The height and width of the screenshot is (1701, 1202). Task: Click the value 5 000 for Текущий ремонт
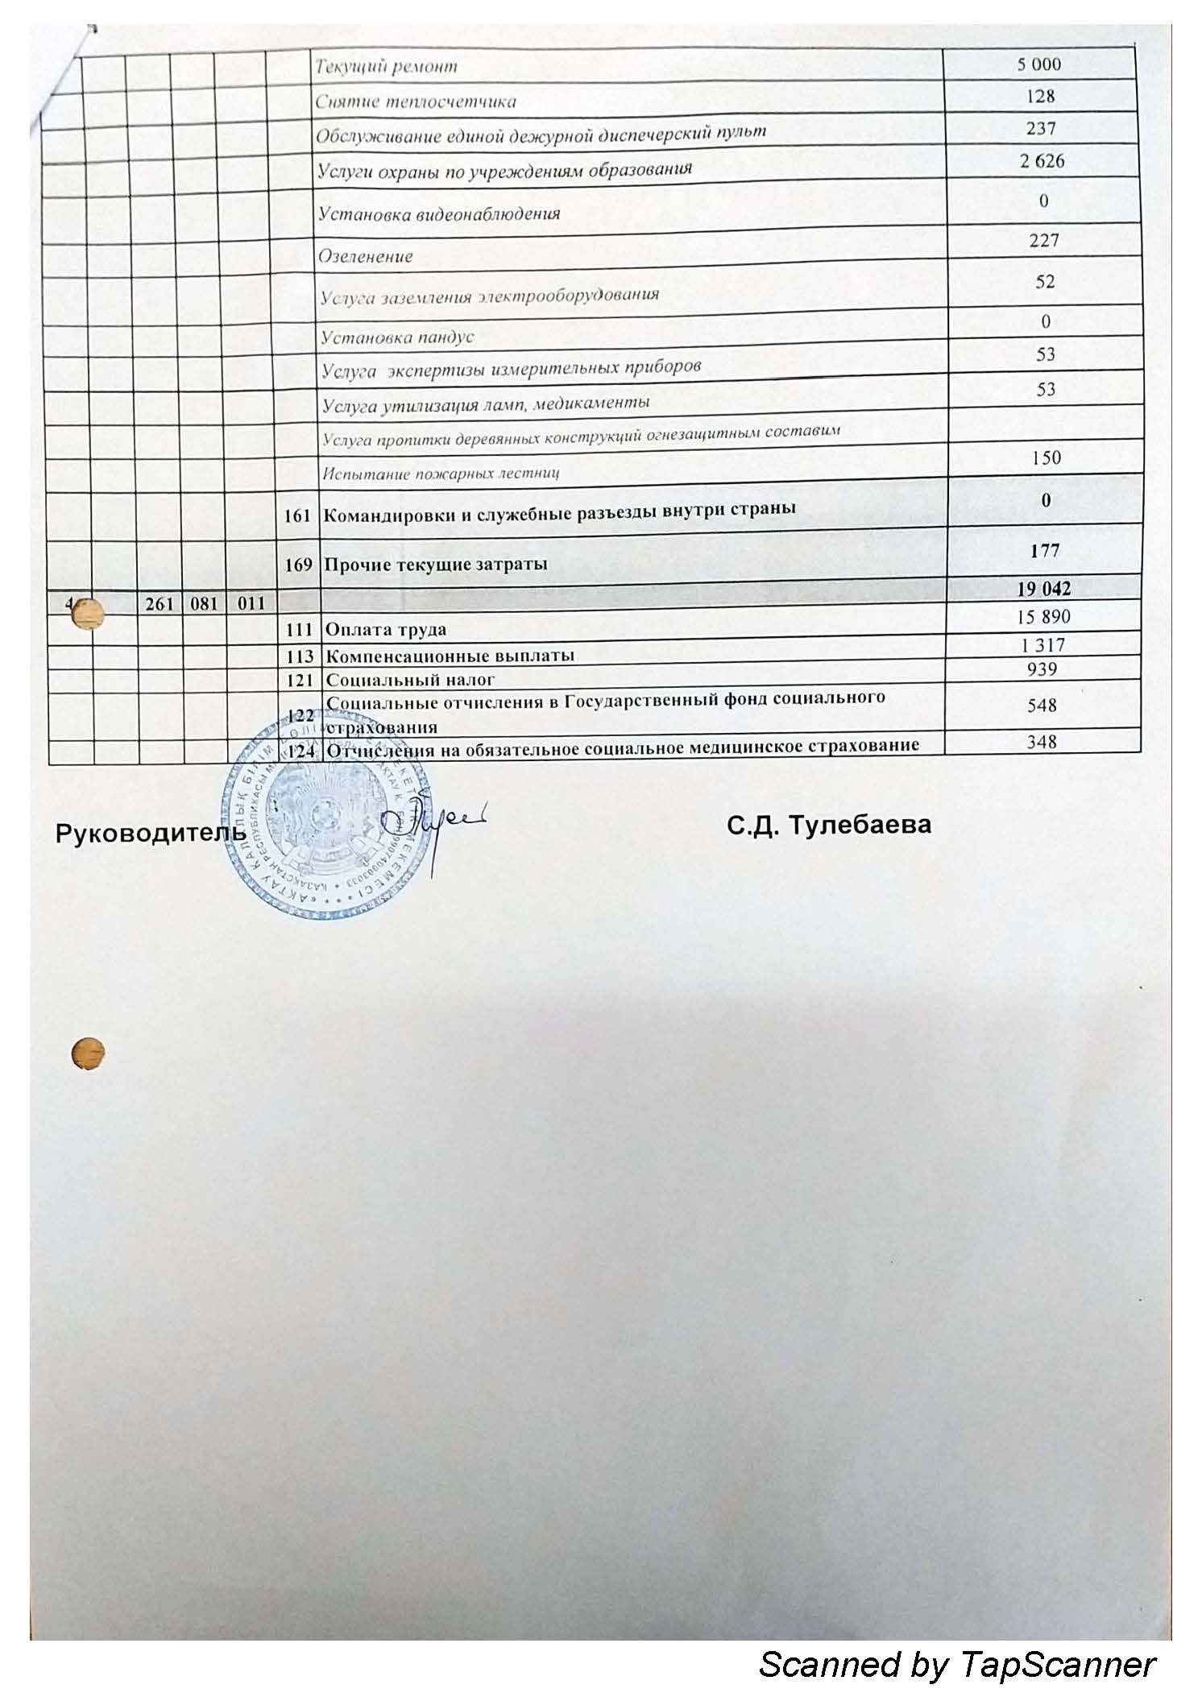(x=1038, y=64)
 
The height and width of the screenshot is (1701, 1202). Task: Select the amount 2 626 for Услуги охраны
(x=1042, y=161)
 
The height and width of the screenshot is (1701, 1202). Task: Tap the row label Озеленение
(x=366, y=257)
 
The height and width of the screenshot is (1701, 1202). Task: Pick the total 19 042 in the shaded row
(x=1043, y=589)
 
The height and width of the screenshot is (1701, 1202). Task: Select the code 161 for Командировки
(x=298, y=515)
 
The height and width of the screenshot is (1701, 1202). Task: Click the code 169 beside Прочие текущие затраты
(x=298, y=565)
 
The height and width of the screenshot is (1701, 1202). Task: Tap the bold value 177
(x=1043, y=551)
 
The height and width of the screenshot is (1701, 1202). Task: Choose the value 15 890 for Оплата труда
(x=1043, y=617)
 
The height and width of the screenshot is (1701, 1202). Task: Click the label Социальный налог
(x=409, y=680)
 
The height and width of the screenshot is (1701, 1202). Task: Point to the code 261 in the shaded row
(x=160, y=603)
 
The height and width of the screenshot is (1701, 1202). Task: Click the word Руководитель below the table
(x=150, y=834)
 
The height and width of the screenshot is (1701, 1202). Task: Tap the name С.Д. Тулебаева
(x=828, y=826)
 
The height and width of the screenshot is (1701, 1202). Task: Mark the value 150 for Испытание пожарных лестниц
(x=1046, y=457)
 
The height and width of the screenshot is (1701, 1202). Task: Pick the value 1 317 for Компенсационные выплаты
(x=1043, y=645)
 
